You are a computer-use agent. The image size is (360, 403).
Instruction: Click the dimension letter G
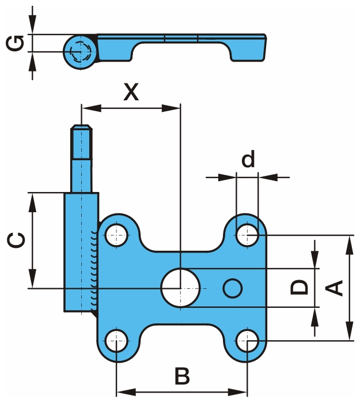18,43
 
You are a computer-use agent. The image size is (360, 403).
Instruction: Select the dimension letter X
132,92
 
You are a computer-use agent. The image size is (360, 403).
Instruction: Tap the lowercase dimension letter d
248,160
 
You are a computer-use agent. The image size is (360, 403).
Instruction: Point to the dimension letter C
18,240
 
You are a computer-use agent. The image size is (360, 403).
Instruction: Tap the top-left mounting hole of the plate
117,235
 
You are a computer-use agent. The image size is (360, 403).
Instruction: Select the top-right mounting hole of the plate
248,235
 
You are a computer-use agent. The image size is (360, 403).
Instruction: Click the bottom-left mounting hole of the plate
117,340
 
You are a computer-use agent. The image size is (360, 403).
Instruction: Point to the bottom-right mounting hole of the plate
248,340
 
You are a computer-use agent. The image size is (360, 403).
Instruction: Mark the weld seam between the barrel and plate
94,268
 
